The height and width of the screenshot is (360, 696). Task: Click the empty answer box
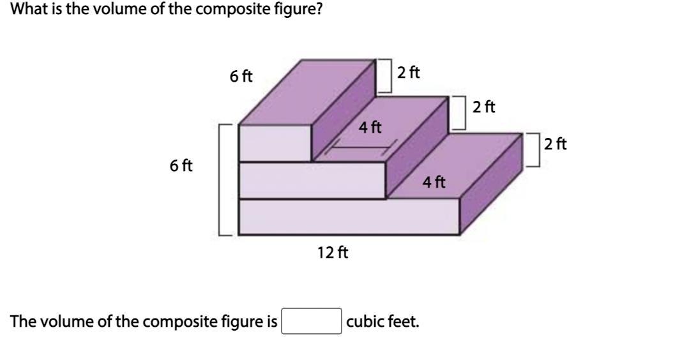point(312,321)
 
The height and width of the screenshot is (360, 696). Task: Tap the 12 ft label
point(333,253)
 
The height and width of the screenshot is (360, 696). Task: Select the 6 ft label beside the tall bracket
point(181,166)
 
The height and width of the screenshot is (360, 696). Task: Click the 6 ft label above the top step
point(241,77)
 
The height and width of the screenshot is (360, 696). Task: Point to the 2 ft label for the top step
point(408,72)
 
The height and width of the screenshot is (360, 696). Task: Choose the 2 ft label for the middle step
point(484,107)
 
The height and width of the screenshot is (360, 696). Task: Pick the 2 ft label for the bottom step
point(556,144)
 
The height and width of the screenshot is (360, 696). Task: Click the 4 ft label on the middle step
point(370,128)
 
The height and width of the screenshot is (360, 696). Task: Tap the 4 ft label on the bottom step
point(434,183)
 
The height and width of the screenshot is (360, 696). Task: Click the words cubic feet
point(382,322)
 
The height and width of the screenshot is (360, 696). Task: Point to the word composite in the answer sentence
point(175,322)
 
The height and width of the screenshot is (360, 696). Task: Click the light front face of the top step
point(275,143)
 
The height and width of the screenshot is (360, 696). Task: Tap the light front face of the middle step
point(312,181)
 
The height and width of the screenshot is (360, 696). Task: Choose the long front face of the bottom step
point(349,217)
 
